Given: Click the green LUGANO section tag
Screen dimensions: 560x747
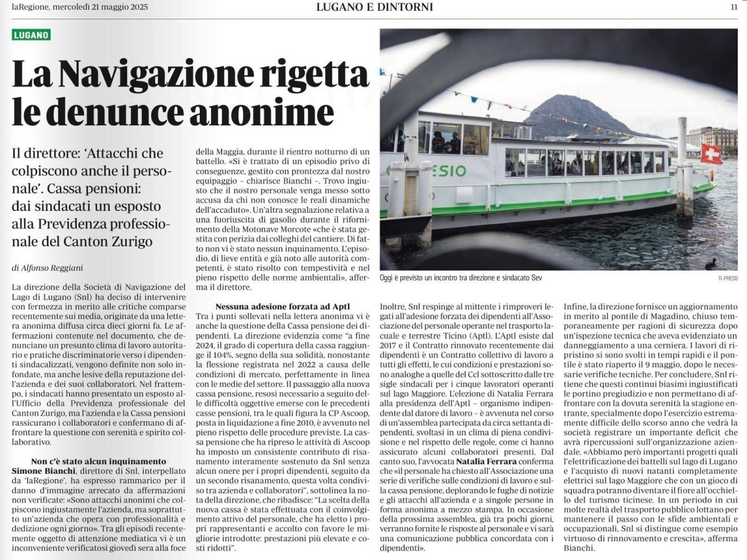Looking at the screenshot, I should pos(31,35).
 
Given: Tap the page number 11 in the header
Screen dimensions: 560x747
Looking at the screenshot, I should pos(734,7).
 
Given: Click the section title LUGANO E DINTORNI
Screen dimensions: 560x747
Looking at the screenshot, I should pos(374,7).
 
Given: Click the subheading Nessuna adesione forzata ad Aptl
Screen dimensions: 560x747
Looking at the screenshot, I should pos(283,307).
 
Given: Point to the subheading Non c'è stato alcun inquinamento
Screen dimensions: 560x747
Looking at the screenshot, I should pos(99,461).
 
